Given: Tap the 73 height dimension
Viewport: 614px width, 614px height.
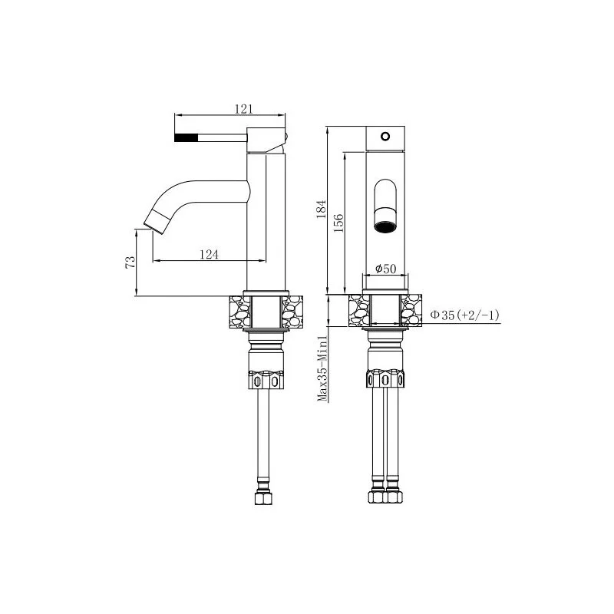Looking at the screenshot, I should [131, 262].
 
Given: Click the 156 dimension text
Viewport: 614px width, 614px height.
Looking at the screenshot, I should [338, 221].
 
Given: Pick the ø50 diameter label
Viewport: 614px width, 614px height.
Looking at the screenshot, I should [385, 269].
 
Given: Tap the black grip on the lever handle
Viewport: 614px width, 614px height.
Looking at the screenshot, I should [187, 138].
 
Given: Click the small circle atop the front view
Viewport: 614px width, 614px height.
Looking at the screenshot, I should [385, 137].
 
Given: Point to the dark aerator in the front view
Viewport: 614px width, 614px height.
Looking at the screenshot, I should [385, 225].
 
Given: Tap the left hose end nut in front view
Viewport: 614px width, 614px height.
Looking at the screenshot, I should [375, 497].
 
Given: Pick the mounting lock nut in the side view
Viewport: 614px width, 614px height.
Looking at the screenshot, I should [266, 380].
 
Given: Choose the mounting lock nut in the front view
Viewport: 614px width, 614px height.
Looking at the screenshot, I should [385, 380].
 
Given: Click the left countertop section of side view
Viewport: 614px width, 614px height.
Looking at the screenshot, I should [239, 311].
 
